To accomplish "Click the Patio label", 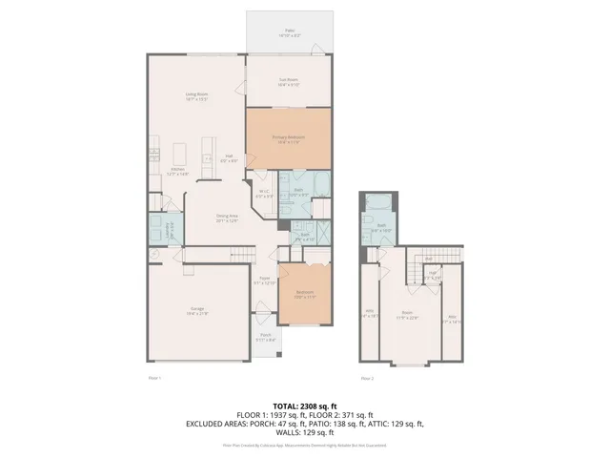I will point(289,31).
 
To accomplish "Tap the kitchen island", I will point(208,153).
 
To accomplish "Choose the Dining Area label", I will point(227,218).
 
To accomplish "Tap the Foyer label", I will point(264,281).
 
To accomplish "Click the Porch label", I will point(266,337).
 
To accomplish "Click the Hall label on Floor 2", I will point(432,276).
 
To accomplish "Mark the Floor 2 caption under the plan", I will point(366,379).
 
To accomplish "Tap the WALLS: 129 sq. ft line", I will point(304,434).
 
